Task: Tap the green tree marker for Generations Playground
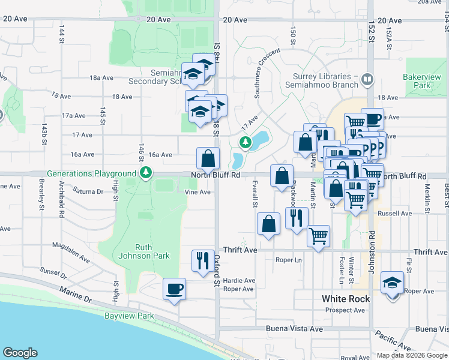click(145, 173)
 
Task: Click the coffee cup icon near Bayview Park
click(175, 289)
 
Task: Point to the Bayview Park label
click(129, 316)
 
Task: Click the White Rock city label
click(345, 298)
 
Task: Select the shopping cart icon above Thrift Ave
click(318, 235)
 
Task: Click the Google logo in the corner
click(20, 353)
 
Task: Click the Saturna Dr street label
click(88, 192)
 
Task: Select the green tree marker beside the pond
click(244, 142)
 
